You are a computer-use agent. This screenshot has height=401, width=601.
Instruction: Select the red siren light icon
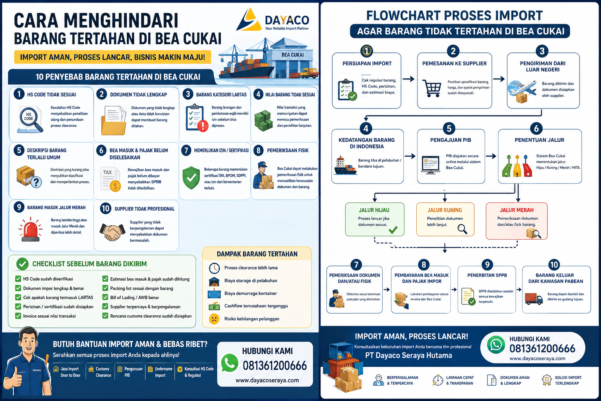tap(30, 229)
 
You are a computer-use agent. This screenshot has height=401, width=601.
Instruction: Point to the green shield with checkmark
tap(191, 178)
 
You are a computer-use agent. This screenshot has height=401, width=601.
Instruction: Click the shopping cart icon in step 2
tap(432, 88)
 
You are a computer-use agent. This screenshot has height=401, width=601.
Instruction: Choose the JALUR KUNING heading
tap(444, 210)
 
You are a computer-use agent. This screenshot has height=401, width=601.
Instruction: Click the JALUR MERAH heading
tap(516, 210)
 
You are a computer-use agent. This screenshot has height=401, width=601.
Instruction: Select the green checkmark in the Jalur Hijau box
tap(393, 229)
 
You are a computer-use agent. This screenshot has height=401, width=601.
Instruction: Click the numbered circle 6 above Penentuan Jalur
tap(536, 129)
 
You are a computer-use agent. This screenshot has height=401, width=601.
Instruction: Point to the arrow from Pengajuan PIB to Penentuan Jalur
tap(491, 156)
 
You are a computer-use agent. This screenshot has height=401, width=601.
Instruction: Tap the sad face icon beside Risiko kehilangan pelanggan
tap(214, 319)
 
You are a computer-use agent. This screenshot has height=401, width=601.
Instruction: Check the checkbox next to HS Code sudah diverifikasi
tap(18, 279)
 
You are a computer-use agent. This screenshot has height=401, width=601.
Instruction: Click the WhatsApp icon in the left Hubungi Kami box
tap(229, 363)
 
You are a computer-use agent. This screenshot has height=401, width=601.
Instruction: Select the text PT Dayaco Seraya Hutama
tap(408, 355)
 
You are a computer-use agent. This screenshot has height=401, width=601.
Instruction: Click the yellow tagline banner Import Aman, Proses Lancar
tap(112, 57)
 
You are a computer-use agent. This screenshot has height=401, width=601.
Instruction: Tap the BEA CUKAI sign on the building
tap(292, 55)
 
